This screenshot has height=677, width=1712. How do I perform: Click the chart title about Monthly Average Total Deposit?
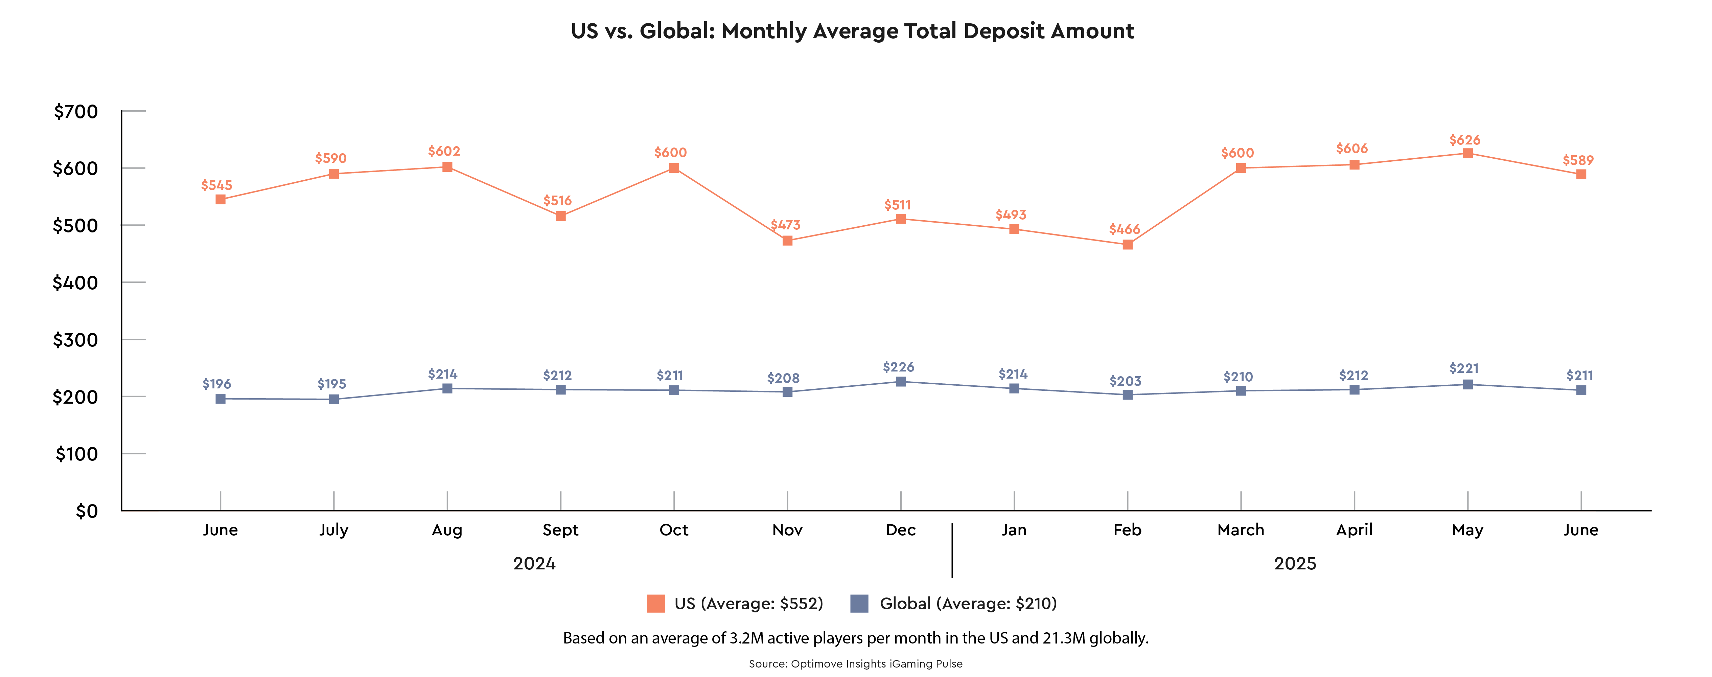click(x=853, y=31)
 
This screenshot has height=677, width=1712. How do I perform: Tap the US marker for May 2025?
click(x=1467, y=154)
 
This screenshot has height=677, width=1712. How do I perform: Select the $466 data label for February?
click(x=1125, y=229)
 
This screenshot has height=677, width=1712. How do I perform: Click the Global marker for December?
click(x=901, y=382)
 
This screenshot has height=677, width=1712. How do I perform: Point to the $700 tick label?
click(x=76, y=112)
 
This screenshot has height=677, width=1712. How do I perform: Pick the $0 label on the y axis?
click(x=87, y=512)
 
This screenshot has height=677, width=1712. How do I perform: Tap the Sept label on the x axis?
click(x=560, y=530)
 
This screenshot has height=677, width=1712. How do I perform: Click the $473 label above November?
click(x=786, y=225)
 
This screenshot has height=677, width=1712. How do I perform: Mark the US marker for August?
click(x=447, y=167)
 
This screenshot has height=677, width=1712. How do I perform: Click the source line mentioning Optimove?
click(x=855, y=664)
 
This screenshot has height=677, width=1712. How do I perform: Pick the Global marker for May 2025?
click(x=1467, y=384)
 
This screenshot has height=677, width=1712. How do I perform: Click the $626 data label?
click(x=1465, y=140)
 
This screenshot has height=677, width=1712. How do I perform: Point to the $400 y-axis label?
click(x=75, y=283)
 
